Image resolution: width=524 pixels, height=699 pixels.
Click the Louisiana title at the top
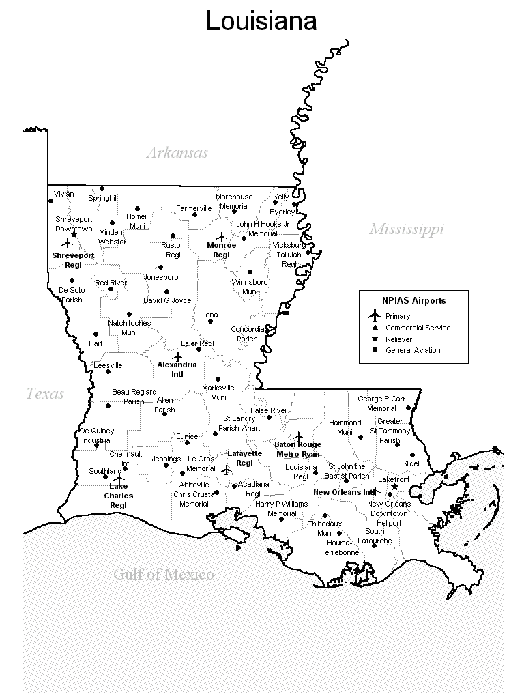261,21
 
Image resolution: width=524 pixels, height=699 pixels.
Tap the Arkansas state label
177,153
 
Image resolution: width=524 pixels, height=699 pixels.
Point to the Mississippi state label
407,229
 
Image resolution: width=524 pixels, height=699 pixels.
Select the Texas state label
45,394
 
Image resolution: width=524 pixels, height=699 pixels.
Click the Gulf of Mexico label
163,574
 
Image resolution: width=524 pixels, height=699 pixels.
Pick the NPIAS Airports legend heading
413,300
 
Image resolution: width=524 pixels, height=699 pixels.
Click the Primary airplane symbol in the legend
374,315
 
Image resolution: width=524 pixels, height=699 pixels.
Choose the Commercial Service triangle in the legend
374,328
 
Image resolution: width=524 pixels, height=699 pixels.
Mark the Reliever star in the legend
374,339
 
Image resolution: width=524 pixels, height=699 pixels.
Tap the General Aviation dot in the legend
374,350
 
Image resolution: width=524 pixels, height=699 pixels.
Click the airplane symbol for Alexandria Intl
178,356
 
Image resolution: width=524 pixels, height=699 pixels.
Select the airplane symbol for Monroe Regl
220,236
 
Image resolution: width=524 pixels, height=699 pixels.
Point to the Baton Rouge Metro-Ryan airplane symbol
298,436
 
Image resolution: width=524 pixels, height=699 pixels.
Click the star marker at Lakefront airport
394,487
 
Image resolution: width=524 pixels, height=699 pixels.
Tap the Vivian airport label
63,194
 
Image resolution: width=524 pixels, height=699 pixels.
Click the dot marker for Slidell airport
412,455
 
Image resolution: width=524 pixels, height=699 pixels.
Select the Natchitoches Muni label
129,328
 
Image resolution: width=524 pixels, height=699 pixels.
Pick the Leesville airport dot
107,372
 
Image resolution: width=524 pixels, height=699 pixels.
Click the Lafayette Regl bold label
244,457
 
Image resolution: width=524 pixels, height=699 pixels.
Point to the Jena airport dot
210,321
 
